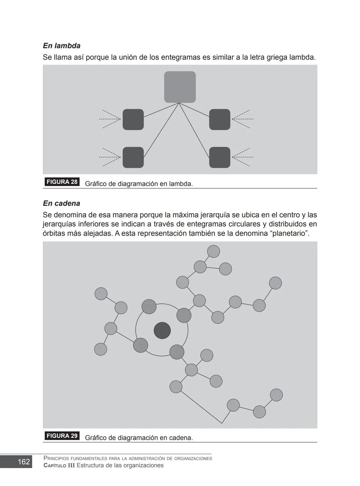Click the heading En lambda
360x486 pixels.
pos(62,46)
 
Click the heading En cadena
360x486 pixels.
pos(61,203)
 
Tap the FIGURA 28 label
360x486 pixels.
pos(62,182)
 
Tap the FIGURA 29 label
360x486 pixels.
pos(62,436)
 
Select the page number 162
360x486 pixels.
pos(24,462)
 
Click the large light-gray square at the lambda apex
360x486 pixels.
pos(180,87)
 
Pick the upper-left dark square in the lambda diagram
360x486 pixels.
pos(133,119)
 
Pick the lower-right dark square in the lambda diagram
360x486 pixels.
pos(220,157)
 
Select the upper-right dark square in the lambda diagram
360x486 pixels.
pos(220,119)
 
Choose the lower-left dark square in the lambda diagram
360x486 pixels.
pos(133,157)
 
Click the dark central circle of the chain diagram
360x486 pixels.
pos(162,330)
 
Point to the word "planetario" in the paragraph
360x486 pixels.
pos(289,233)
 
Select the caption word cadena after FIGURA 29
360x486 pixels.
pos(181,438)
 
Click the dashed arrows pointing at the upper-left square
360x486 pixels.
pos(110,119)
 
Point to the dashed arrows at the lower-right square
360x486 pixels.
pos(242,157)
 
